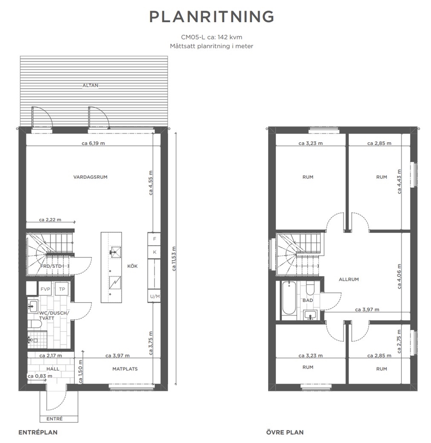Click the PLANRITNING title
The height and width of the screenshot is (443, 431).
212,17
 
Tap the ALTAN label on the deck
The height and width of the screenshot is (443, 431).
90,85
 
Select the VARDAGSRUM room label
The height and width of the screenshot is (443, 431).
90,177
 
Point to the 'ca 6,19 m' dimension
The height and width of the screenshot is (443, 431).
93,143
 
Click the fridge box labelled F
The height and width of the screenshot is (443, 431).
154,239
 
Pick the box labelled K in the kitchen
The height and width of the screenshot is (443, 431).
154,252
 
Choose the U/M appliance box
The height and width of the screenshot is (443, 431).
154,296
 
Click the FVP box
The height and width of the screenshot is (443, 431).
45,289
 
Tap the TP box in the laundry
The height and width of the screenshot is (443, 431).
62,289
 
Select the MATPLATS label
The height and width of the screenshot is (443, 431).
125,369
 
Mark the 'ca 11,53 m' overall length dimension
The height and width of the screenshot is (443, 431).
174,259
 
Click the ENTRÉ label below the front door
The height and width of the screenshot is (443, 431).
54,419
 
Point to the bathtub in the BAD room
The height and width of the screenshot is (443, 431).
288,298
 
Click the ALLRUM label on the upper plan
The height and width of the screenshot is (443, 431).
349,279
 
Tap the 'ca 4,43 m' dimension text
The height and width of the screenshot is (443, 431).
399,181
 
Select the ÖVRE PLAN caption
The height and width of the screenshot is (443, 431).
285,432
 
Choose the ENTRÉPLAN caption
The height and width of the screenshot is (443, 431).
38,432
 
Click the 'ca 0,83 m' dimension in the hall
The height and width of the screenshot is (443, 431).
40,376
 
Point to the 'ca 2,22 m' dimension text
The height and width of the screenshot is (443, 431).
50,220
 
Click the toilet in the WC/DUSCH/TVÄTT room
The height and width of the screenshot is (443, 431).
35,324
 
